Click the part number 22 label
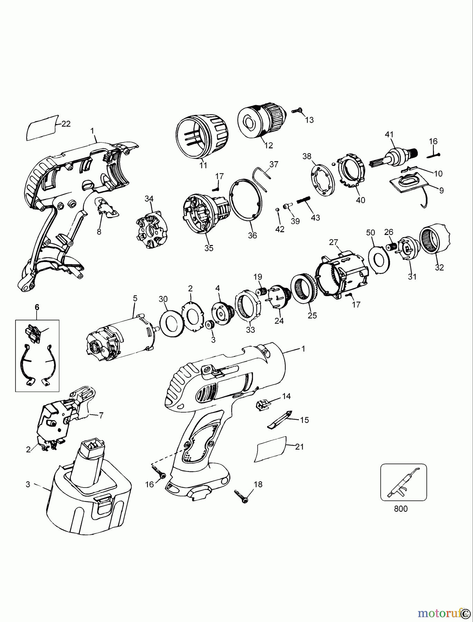coord(66,124)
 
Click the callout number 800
coord(401,509)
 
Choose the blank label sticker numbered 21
coord(271,449)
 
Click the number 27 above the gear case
coord(333,242)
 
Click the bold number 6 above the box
coord(37,307)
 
